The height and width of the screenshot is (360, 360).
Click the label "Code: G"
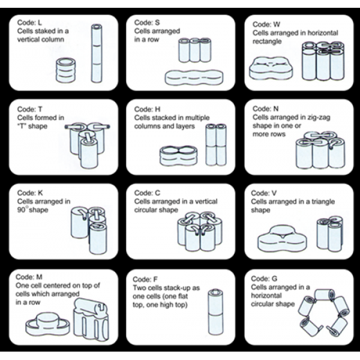(x=265, y=280)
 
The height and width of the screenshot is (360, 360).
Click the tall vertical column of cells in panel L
(x=96, y=53)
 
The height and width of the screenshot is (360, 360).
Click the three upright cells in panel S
(x=194, y=50)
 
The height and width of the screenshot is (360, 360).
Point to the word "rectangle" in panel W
(x=268, y=41)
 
